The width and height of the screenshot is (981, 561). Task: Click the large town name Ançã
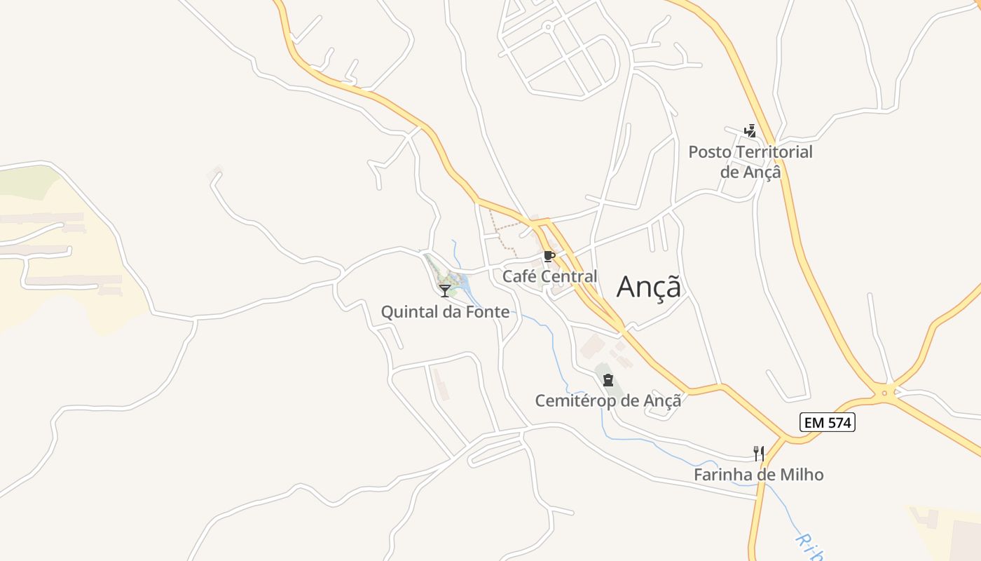(x=648, y=286)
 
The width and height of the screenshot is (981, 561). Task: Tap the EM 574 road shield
(x=828, y=422)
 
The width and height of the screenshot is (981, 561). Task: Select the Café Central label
(x=550, y=276)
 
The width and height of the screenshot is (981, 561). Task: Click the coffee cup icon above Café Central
(x=549, y=256)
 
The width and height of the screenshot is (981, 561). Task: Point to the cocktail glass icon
(x=445, y=290)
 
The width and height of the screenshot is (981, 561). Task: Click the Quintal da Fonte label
(x=445, y=311)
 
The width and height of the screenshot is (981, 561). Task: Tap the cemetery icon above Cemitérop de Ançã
(x=608, y=381)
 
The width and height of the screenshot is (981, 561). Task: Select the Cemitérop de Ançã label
(x=608, y=400)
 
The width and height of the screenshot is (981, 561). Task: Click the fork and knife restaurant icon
(x=758, y=453)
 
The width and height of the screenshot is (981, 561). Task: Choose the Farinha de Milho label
(x=758, y=475)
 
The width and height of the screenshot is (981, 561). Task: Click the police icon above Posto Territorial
(x=750, y=130)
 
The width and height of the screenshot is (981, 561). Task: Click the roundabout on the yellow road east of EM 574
(x=885, y=393)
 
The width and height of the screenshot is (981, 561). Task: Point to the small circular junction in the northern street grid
(x=547, y=27)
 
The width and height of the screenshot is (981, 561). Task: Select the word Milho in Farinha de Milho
(x=802, y=475)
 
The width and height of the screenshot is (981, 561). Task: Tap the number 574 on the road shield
(x=837, y=422)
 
